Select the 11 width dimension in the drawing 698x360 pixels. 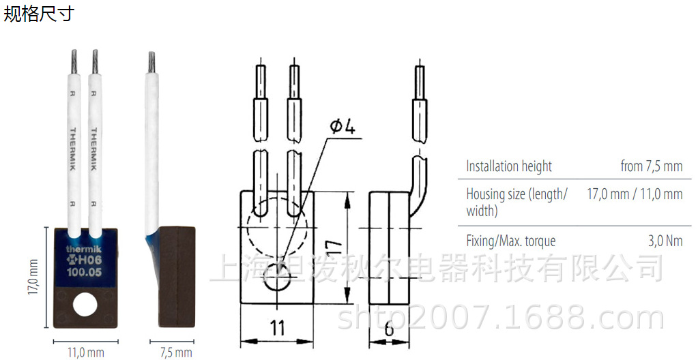(x=276, y=329)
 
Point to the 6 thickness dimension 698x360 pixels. (x=389, y=329)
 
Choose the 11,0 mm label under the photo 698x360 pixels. (x=85, y=352)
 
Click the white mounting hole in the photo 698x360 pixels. (x=85, y=303)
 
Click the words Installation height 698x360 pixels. (x=509, y=166)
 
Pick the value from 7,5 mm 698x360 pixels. (x=651, y=166)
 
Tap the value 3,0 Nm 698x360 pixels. (x=664, y=241)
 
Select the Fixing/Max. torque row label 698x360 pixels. (x=511, y=241)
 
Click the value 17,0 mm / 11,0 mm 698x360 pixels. (x=635, y=194)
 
